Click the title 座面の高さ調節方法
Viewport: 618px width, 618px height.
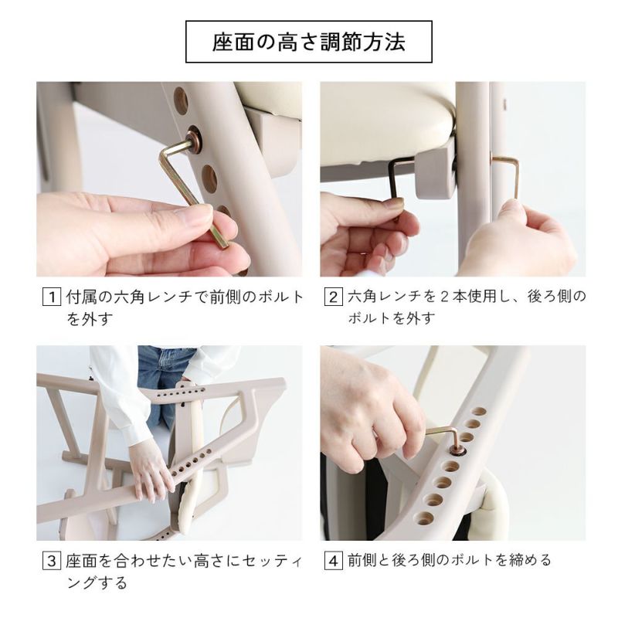[308, 42]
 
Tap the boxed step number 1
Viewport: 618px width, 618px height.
[52, 297]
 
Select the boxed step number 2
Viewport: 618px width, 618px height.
[334, 297]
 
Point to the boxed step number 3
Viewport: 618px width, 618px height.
[52, 560]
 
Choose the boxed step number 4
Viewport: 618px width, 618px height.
[334, 560]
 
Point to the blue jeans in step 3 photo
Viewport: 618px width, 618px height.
[165, 379]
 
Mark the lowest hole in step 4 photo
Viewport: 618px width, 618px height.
[424, 518]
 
